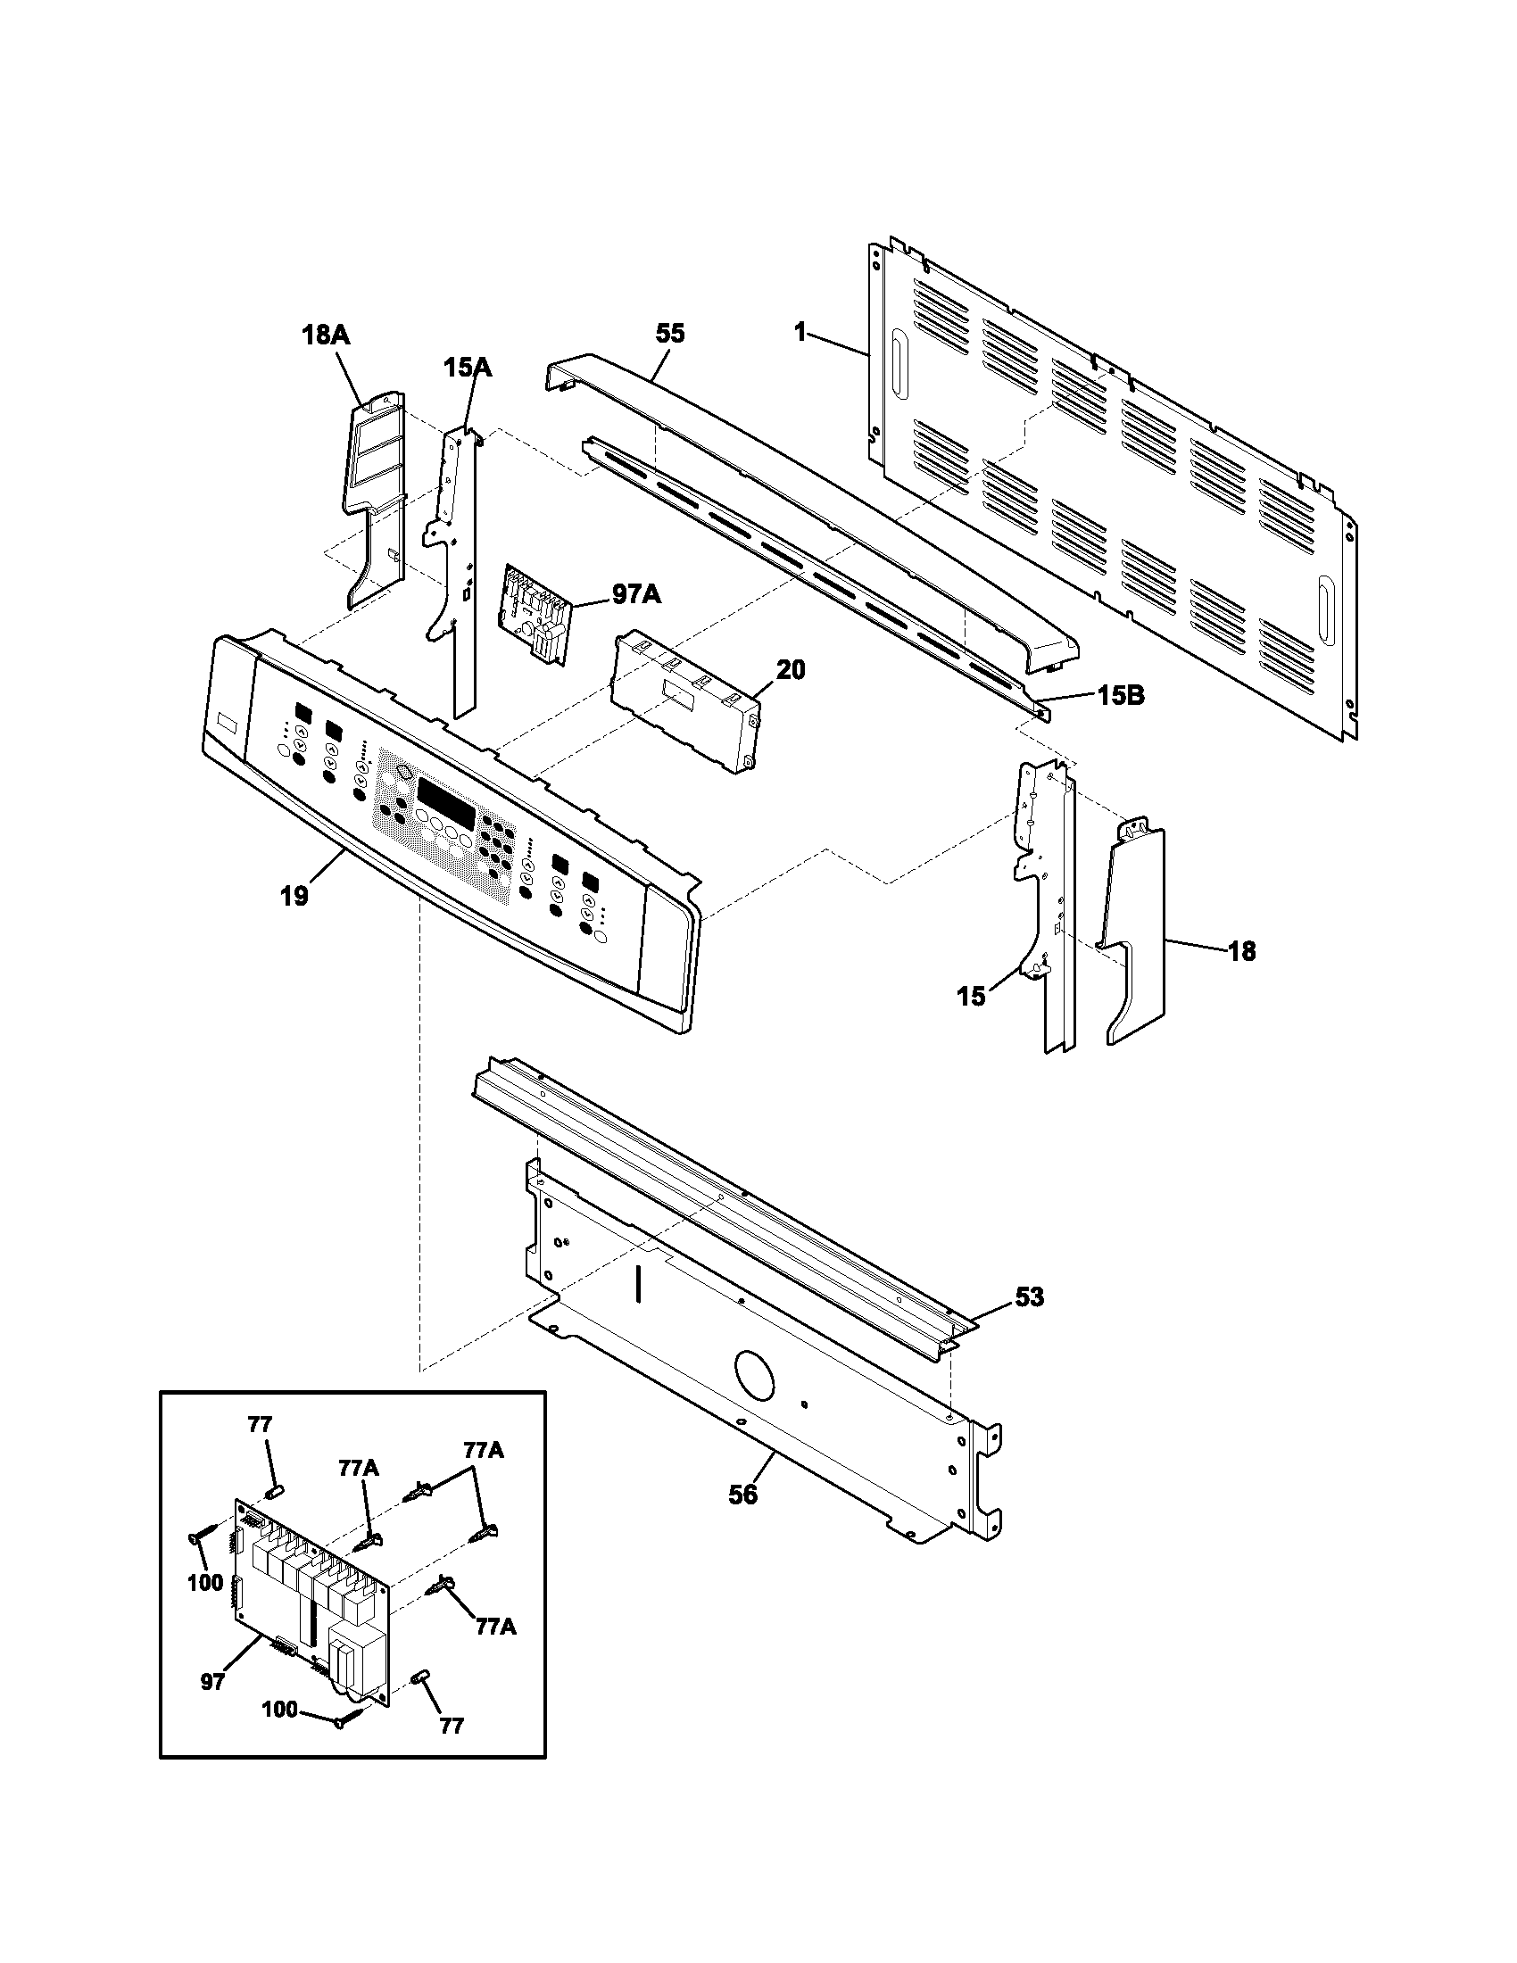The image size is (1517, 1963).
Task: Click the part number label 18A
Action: (326, 335)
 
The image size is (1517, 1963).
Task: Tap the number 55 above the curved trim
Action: (669, 334)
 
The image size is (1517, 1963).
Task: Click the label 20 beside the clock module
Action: (791, 668)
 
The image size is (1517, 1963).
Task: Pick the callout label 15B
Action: (1120, 695)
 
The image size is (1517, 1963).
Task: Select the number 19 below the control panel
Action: (294, 895)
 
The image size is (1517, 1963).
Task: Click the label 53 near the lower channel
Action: (1030, 1297)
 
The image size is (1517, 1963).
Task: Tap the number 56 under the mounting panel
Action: (742, 1495)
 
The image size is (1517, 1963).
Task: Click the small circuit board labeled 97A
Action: (535, 613)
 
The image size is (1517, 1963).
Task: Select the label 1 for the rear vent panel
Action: (800, 334)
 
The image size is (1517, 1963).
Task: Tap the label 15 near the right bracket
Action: (971, 996)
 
